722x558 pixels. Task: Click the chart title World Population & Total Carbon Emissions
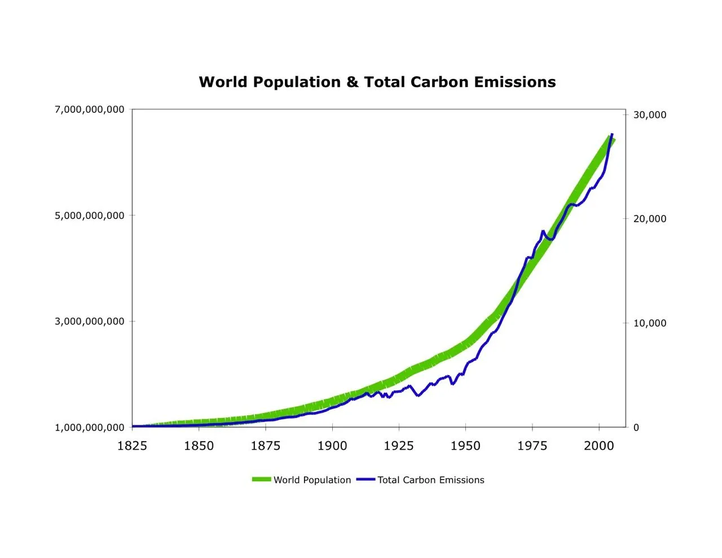pyautogui.click(x=377, y=82)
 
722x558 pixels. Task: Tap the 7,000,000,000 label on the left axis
pyautogui.click(x=90, y=109)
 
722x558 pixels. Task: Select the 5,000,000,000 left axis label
pyautogui.click(x=90, y=216)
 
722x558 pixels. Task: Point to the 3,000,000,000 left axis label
pyautogui.click(x=90, y=322)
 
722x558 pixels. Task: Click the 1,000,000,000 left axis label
pyautogui.click(x=90, y=428)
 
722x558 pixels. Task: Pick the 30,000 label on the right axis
pyautogui.click(x=649, y=115)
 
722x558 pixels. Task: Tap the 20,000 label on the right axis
pyautogui.click(x=649, y=219)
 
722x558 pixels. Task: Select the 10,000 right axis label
pyautogui.click(x=649, y=323)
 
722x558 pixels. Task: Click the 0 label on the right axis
pyautogui.click(x=636, y=428)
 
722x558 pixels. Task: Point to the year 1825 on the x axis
pyautogui.click(x=132, y=446)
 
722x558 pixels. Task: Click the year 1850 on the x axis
pyautogui.click(x=199, y=446)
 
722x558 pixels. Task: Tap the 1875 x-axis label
pyautogui.click(x=265, y=446)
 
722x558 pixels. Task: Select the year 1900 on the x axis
pyautogui.click(x=332, y=446)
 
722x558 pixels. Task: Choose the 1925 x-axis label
pyautogui.click(x=399, y=446)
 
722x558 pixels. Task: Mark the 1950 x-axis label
pyautogui.click(x=465, y=446)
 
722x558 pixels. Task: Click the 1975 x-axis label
pyautogui.click(x=532, y=446)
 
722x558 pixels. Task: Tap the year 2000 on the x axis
pyautogui.click(x=599, y=446)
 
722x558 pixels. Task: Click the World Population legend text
pyautogui.click(x=312, y=480)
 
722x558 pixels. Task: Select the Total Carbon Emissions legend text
pyautogui.click(x=430, y=480)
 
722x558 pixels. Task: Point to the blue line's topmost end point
pyautogui.click(x=612, y=134)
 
